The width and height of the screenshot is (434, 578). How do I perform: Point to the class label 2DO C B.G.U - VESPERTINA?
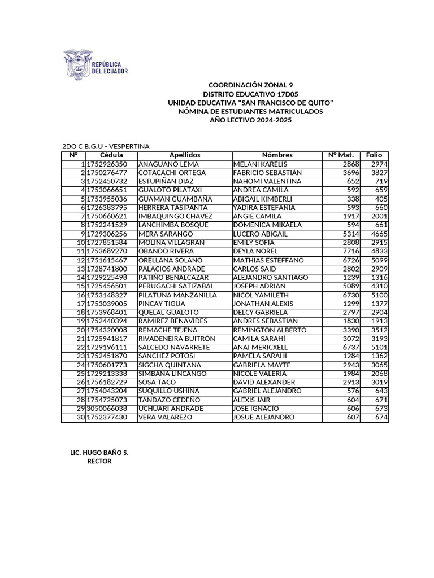pos(106,146)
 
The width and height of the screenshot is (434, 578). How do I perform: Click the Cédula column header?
pos(111,155)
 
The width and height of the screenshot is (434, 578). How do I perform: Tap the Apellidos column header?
pos(185,155)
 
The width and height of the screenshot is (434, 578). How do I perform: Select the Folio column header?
pos(374,155)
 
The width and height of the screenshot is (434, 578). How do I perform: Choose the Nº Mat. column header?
pos(341,155)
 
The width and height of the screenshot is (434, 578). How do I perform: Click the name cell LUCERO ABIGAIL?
pos(261,234)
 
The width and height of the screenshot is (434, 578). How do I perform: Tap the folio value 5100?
pos(379,295)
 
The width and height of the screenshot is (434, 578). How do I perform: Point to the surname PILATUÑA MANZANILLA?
pos(177,295)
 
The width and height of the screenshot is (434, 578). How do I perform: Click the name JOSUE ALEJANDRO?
pos(263,417)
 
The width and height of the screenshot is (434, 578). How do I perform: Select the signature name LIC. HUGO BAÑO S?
pos(99,453)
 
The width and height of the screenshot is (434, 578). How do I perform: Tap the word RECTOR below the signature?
pos(99,461)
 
